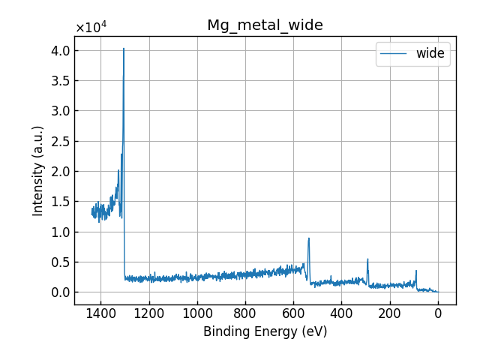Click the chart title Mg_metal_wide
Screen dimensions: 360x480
point(265,25)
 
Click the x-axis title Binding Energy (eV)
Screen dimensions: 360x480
point(265,331)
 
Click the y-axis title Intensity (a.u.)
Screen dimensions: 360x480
point(38,171)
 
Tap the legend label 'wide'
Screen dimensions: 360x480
point(430,53)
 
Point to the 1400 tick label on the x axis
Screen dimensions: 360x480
point(101,313)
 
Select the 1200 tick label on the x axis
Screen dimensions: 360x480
point(149,313)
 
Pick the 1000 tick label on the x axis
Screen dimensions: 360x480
point(197,313)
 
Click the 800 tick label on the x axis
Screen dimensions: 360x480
point(245,313)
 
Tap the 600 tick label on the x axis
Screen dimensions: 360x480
point(293,313)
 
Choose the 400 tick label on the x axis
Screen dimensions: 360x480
point(341,313)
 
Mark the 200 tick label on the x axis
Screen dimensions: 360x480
point(389,313)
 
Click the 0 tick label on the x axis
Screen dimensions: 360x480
point(438,313)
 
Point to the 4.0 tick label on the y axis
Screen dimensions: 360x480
point(61,51)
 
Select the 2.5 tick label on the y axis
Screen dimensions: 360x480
point(61,142)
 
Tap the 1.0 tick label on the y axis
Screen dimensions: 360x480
point(61,232)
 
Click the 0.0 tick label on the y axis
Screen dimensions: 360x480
point(61,292)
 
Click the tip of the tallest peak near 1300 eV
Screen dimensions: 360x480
point(124,49)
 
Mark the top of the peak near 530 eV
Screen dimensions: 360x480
point(308,238)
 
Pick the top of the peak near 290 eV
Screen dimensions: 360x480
point(367,259)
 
